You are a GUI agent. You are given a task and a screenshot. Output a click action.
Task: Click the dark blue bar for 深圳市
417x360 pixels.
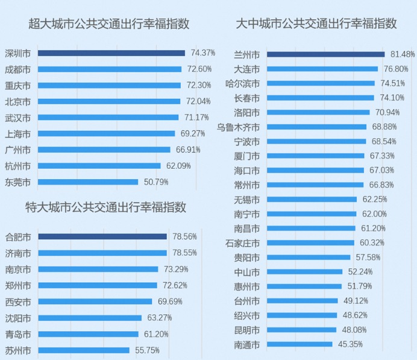click(x=111, y=53)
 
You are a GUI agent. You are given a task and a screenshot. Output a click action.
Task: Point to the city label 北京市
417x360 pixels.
click(x=17, y=101)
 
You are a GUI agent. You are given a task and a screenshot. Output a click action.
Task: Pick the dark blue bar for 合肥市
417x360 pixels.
click(x=102, y=236)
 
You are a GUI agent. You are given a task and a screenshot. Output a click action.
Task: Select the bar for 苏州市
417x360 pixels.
click(x=84, y=350)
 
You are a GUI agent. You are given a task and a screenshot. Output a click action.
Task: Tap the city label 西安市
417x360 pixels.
click(x=17, y=301)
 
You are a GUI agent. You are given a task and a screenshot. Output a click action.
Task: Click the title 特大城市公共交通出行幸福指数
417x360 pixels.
click(x=105, y=207)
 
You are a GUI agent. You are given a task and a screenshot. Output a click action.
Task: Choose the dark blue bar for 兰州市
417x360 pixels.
click(x=325, y=54)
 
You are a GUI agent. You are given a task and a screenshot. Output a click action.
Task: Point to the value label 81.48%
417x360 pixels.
click(x=402, y=54)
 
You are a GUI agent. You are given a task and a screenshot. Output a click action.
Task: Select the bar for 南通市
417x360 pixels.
click(x=299, y=345)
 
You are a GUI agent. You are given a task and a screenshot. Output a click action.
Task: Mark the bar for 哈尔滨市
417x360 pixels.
click(x=321, y=83)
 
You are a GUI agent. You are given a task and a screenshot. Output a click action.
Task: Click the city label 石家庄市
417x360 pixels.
click(x=242, y=243)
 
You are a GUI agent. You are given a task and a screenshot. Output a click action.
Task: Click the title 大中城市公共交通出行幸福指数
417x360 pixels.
click(x=316, y=24)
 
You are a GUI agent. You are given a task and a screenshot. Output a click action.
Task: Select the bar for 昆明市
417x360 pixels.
click(x=301, y=330)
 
